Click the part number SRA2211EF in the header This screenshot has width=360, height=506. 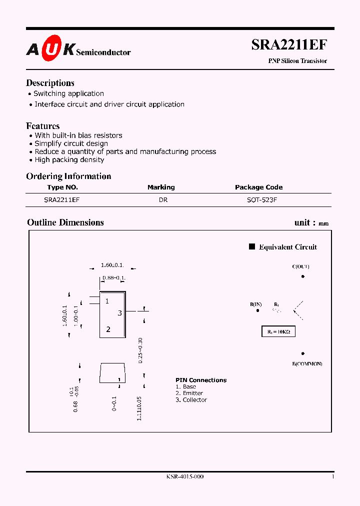tap(289, 44)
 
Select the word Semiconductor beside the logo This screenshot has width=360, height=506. tap(103, 52)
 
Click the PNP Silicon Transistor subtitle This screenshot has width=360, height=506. tap(297, 61)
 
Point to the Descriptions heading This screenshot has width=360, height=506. tap(50, 83)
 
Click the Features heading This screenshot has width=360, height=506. tap(42, 126)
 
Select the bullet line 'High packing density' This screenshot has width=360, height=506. tap(69, 159)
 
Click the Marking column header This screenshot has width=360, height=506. tap(161, 187)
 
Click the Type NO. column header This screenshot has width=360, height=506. tap(62, 187)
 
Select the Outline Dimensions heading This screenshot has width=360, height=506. tap(65, 222)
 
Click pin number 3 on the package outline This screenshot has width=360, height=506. tap(120, 313)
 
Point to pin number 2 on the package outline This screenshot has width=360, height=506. tap(108, 329)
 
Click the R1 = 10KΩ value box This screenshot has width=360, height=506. tap(279, 331)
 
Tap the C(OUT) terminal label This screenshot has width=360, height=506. tap(301, 266)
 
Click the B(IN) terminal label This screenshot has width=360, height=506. tap(255, 304)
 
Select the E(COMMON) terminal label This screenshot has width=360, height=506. tap(307, 363)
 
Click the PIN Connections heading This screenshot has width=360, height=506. tap(201, 380)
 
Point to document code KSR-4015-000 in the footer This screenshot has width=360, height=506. tap(185, 476)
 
